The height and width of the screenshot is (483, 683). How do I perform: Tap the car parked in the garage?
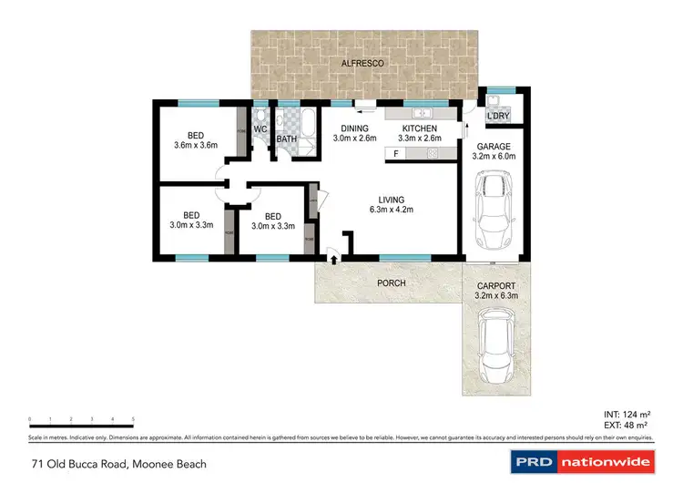(494, 210)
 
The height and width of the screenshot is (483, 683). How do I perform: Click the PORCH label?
(392, 283)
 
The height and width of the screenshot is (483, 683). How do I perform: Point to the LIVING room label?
(392, 200)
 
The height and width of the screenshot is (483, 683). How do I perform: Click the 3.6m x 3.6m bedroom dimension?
(196, 144)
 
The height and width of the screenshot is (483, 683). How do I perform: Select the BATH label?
(288, 139)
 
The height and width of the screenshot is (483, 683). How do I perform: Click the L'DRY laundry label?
(497, 117)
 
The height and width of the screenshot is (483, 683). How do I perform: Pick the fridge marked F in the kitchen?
(397, 154)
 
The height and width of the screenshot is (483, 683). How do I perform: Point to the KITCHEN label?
(420, 128)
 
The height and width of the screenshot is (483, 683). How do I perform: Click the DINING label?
(354, 128)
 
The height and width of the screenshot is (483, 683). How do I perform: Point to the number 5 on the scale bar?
(133, 419)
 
